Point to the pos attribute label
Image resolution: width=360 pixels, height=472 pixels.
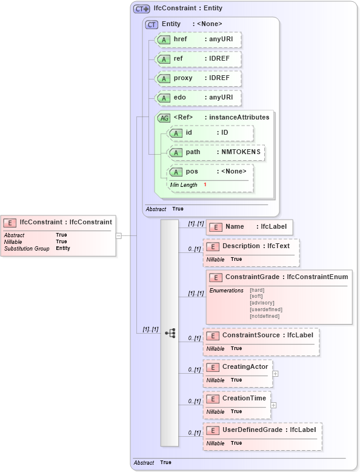192,172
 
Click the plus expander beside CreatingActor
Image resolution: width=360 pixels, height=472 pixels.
276,374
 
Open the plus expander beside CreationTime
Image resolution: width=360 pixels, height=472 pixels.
273,405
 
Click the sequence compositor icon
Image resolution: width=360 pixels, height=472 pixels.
170,333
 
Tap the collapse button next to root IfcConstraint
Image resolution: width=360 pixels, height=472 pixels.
119,235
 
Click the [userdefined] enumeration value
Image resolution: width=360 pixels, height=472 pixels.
265,309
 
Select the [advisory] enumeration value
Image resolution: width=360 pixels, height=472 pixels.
262,303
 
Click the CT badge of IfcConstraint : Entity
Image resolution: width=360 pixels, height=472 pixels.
141,9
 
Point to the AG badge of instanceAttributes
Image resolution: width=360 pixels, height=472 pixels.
164,118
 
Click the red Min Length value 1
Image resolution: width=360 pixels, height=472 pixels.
205,184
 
